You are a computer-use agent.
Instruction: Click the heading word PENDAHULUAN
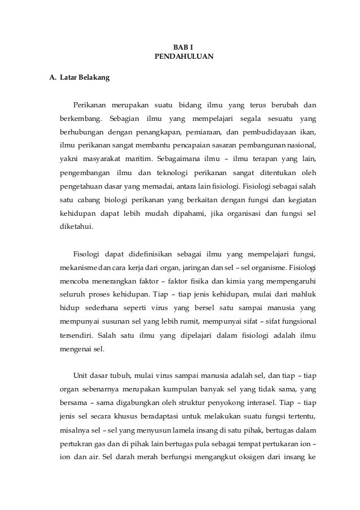pyautogui.click(x=180, y=57)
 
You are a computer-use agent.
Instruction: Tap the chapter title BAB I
pyautogui.click(x=180, y=47)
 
